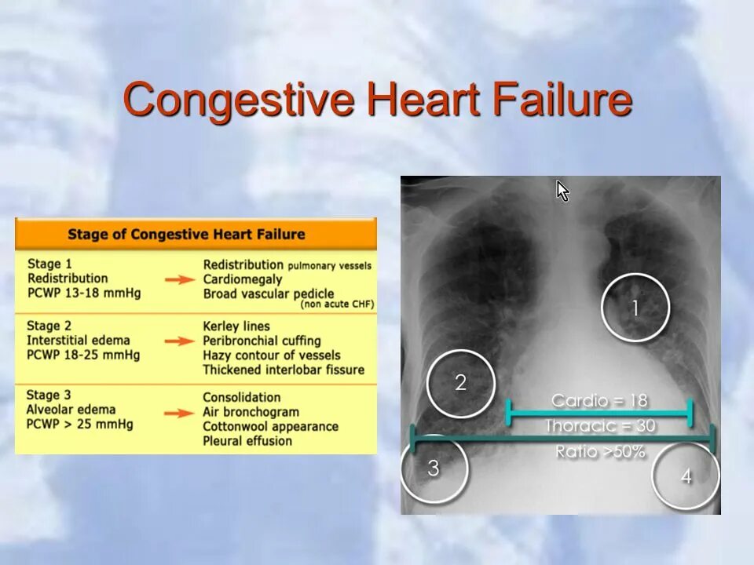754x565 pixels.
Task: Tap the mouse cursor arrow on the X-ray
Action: click(x=562, y=191)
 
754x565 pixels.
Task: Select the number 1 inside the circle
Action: click(x=635, y=308)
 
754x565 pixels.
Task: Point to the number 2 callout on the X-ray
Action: click(x=460, y=383)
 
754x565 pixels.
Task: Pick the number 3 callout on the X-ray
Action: click(x=434, y=468)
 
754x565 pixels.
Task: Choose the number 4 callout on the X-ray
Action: click(x=686, y=476)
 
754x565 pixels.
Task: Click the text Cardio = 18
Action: click(x=599, y=401)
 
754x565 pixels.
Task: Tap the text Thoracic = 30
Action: click(x=600, y=426)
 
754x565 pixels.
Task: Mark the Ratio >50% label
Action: click(x=600, y=451)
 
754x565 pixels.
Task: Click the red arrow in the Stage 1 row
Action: click(x=184, y=279)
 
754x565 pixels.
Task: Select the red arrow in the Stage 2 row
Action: click(x=184, y=341)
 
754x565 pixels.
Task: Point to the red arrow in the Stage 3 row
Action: click(x=184, y=413)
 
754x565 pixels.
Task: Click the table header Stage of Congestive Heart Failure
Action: click(x=186, y=234)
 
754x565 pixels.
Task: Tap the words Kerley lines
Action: click(x=236, y=326)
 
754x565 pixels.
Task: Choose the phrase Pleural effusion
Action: click(x=247, y=441)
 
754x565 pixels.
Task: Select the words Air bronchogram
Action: click(x=251, y=412)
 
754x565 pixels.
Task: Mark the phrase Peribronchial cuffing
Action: click(x=262, y=341)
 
